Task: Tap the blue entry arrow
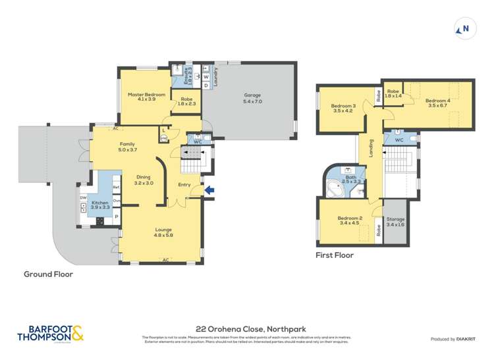(210, 191)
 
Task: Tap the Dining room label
(144, 180)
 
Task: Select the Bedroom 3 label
(343, 109)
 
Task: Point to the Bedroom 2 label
(350, 220)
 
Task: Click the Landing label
(371, 145)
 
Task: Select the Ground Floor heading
(48, 274)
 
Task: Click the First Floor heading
(334, 255)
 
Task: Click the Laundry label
(215, 76)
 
